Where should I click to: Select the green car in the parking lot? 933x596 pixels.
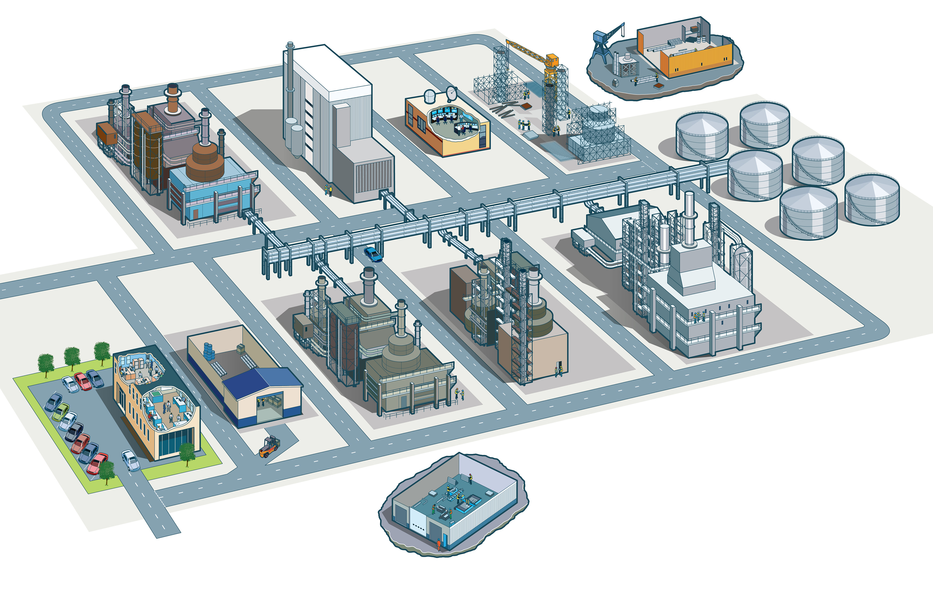(61, 412)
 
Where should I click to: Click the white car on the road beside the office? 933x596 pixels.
(131, 460)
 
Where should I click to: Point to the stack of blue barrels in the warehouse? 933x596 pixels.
(209, 352)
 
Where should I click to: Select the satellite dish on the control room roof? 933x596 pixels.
(451, 93)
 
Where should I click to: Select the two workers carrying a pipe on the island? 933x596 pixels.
(646, 79)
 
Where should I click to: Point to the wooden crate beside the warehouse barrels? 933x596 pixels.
(241, 349)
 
